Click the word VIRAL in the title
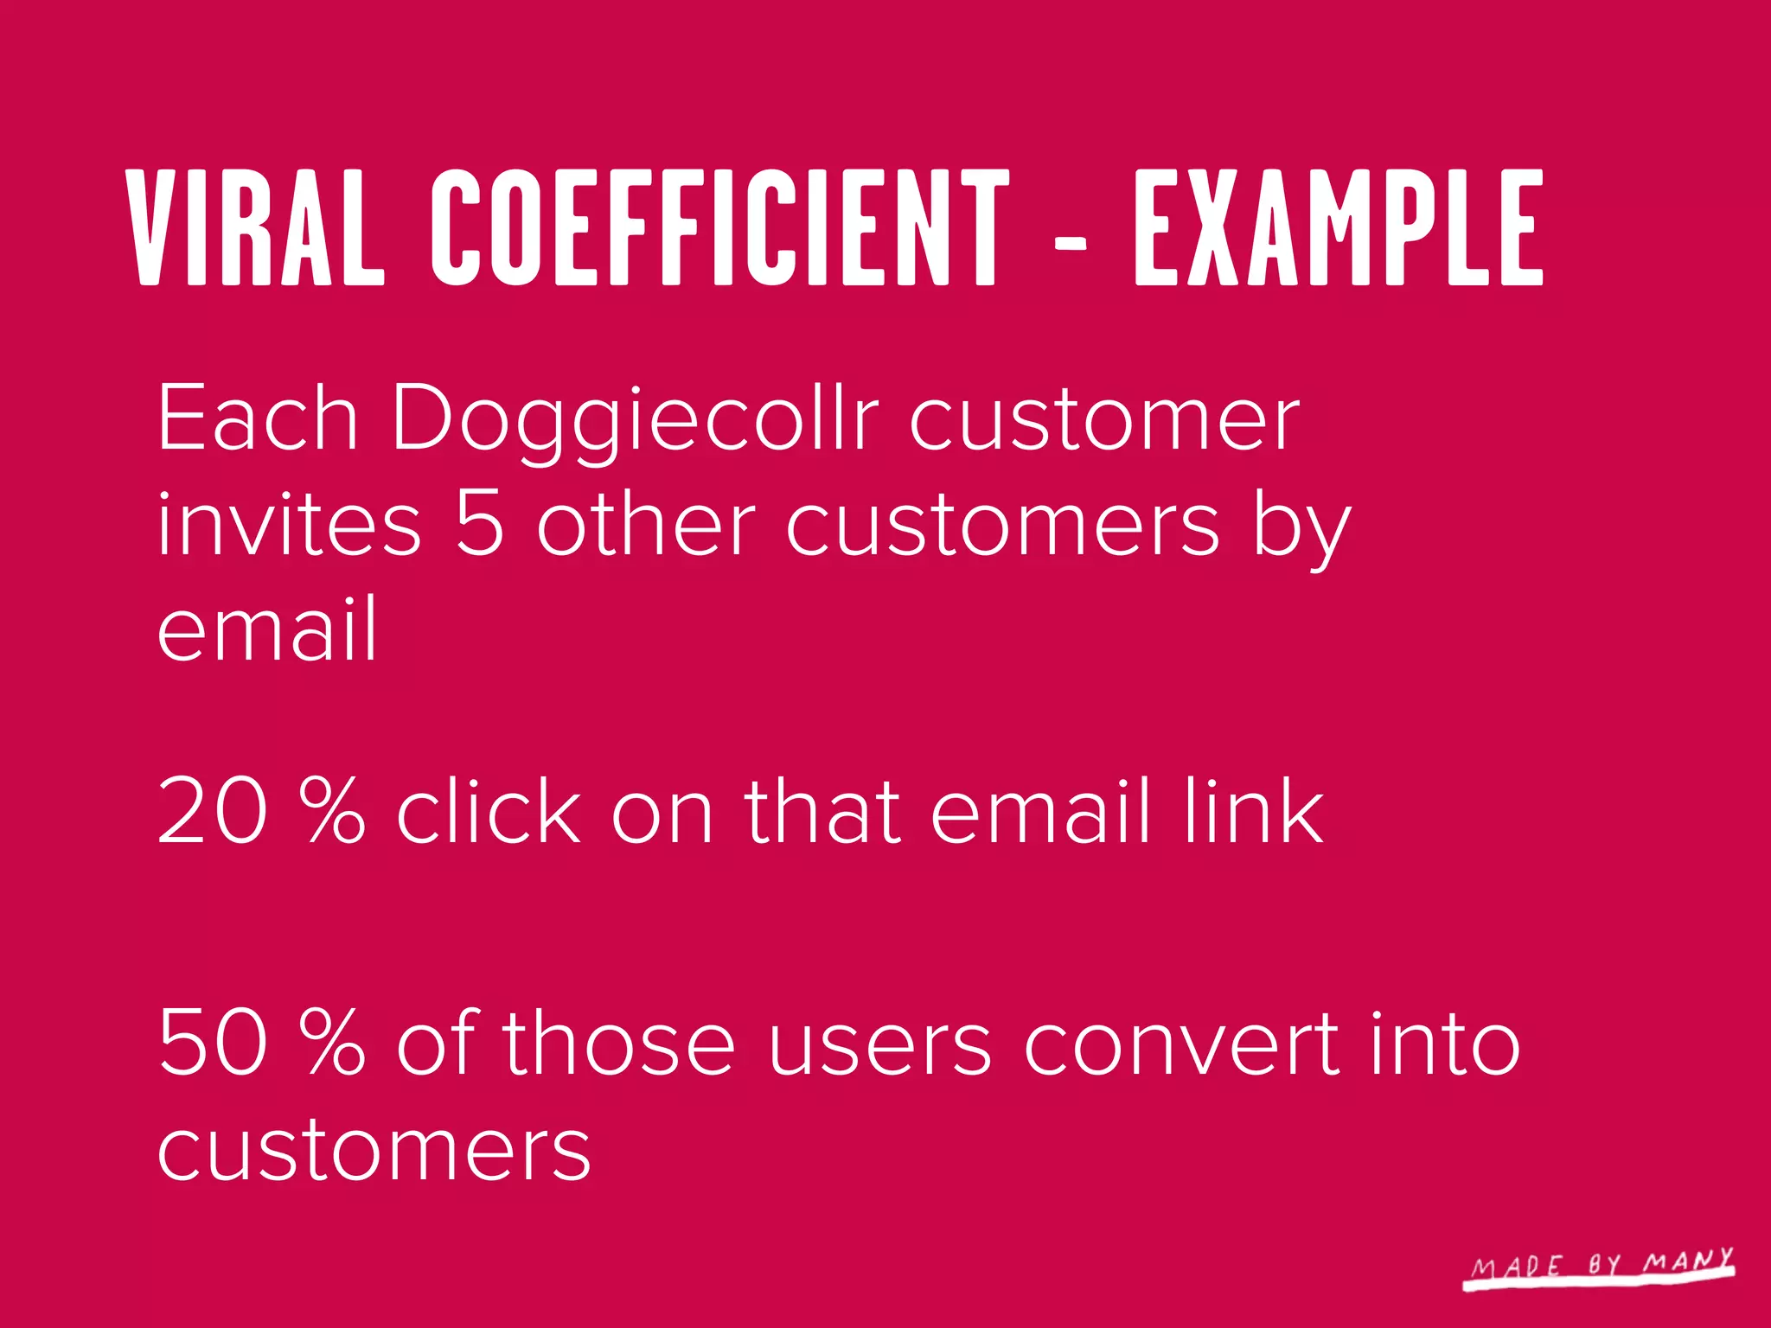[255, 227]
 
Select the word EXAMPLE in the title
[1339, 227]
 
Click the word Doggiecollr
[636, 420]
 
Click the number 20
[213, 810]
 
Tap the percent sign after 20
[334, 810]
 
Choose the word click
[489, 810]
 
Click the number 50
[213, 1044]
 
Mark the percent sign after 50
[334, 1044]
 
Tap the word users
[880, 1046]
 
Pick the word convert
[1182, 1046]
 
